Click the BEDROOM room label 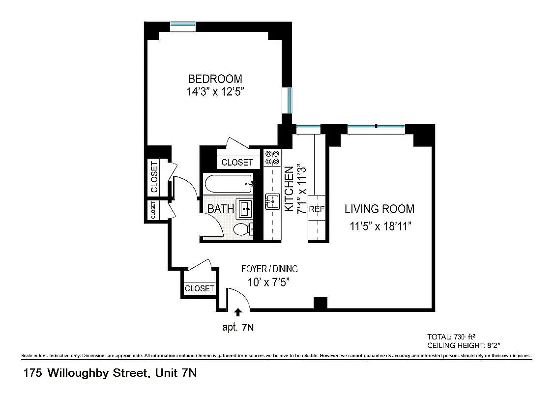click(215, 79)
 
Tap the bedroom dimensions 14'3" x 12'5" click(215, 91)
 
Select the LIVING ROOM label click(379, 209)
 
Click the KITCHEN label click(290, 190)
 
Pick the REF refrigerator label click(317, 209)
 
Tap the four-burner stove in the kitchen click(272, 157)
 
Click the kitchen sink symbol click(272, 201)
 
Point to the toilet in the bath click(242, 229)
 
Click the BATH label click(220, 209)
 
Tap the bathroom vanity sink click(245, 209)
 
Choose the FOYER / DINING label click(269, 269)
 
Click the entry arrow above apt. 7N click(238, 311)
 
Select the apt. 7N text click(238, 327)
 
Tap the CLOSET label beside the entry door click(199, 288)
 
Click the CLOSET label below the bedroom click(237, 162)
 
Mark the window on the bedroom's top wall click(183, 25)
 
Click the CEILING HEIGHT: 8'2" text click(464, 346)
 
